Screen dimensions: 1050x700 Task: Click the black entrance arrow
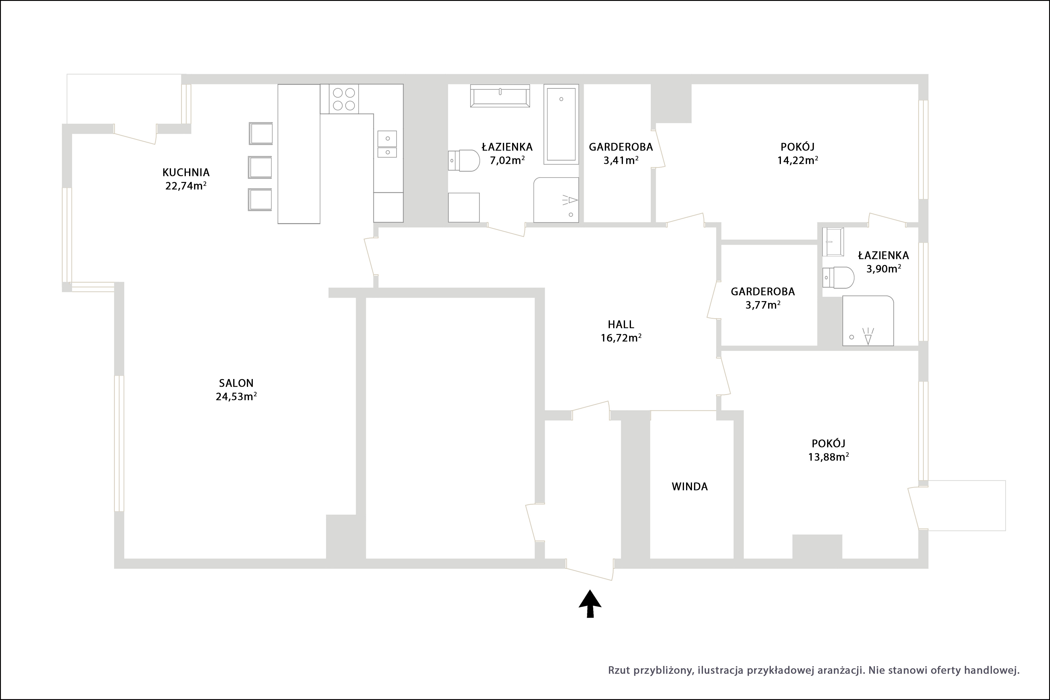pos(590,604)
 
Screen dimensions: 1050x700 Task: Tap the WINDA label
pos(689,487)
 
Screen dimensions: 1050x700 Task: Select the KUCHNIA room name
pos(186,172)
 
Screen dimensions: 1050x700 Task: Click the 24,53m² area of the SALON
pos(236,397)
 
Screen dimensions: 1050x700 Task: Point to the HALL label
pos(621,325)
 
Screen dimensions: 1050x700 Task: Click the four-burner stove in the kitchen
pos(344,99)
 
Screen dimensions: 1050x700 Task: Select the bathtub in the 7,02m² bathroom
pos(561,124)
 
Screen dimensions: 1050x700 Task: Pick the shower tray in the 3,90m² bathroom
pos(868,321)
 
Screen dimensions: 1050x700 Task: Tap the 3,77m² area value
pos(763,305)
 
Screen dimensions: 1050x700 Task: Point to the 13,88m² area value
pos(829,457)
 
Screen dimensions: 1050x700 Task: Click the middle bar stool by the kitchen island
pos(260,167)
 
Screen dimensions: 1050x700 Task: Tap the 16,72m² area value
pos(621,338)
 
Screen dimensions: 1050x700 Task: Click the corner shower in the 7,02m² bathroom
pos(556,200)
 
